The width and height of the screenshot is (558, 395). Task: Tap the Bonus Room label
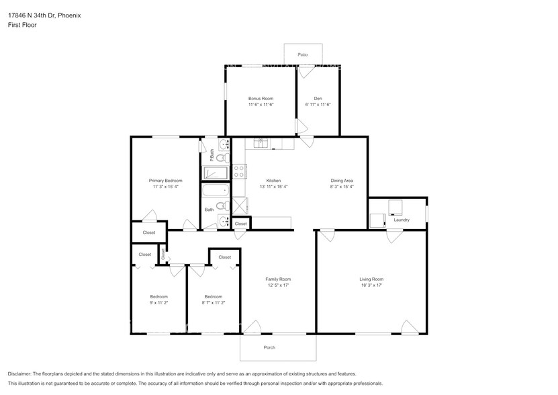click(x=261, y=99)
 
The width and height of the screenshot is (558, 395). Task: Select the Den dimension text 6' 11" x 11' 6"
click(x=318, y=105)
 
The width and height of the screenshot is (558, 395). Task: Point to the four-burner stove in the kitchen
click(x=238, y=171)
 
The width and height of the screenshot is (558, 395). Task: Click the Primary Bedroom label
click(x=165, y=181)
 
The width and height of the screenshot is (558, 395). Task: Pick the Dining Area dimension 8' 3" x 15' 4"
click(x=341, y=187)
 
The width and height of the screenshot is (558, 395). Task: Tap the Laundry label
click(x=402, y=220)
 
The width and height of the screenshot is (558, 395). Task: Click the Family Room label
click(x=278, y=279)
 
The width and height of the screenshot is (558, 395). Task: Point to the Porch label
click(x=269, y=347)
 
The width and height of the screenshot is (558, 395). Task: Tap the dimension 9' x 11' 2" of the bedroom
click(x=159, y=303)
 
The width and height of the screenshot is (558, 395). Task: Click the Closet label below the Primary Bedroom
click(x=148, y=232)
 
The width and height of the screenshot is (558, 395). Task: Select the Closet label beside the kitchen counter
click(x=240, y=224)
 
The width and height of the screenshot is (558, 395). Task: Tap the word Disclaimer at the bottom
click(x=19, y=374)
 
